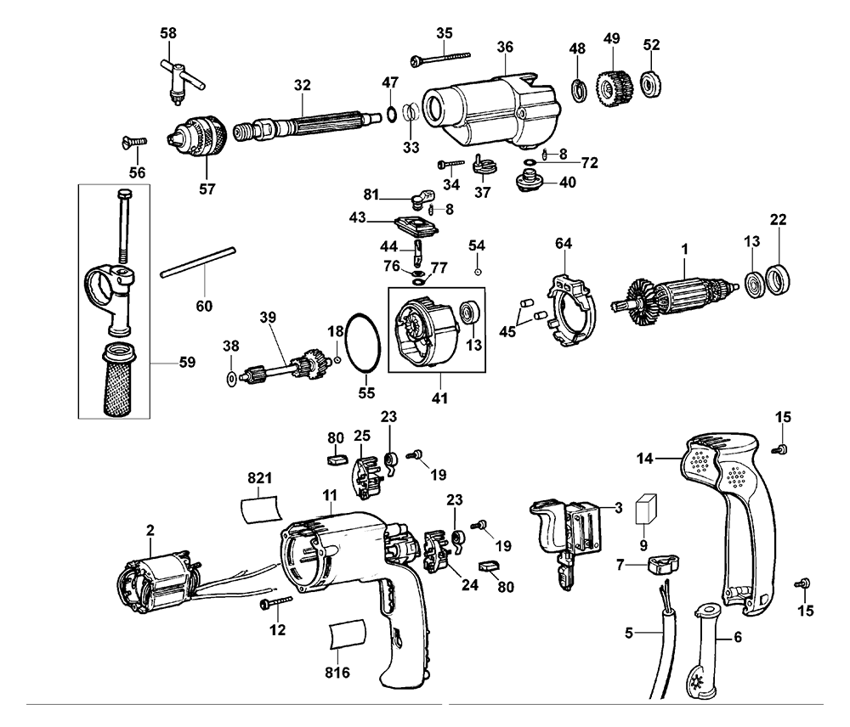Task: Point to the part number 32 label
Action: coord(303,85)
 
